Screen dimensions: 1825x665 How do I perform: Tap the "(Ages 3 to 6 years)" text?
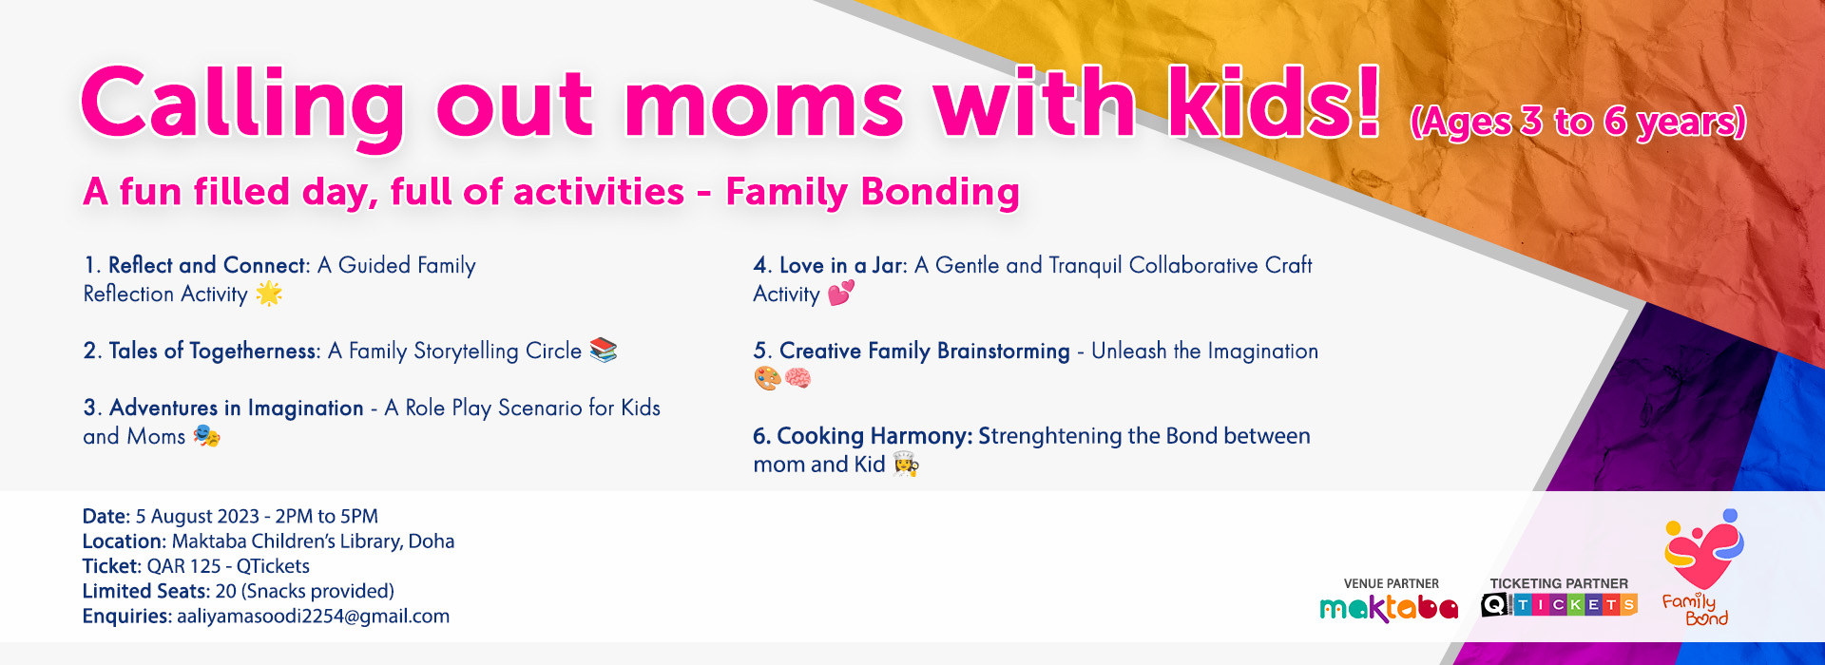click(1578, 122)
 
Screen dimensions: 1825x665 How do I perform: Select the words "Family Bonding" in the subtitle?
click(873, 192)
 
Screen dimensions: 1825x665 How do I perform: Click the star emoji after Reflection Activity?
click(269, 294)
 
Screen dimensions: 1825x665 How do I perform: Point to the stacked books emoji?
click(604, 351)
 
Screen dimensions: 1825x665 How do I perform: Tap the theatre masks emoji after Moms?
click(206, 436)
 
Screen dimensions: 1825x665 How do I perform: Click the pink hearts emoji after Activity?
click(841, 293)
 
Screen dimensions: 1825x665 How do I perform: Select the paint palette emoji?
click(767, 379)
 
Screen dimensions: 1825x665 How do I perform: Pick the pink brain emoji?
click(797, 379)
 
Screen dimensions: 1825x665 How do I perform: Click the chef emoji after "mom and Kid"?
click(906, 464)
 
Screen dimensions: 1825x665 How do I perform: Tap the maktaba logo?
click(1389, 608)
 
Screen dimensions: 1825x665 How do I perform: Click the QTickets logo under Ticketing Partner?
click(1559, 605)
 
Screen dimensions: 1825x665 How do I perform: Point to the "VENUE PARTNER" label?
click(1392, 583)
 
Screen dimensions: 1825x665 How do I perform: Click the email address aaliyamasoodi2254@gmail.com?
click(314, 617)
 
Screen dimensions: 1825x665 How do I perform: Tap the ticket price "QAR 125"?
click(183, 566)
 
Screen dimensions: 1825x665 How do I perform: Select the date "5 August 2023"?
click(198, 516)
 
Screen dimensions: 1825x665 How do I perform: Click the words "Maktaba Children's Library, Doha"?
click(313, 541)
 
